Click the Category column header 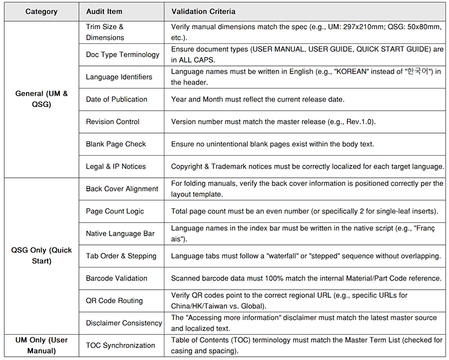click(41, 11)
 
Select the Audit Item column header click(104, 11)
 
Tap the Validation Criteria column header click(203, 11)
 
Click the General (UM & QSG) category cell click(41, 99)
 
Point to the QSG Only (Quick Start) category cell click(41, 256)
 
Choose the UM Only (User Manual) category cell click(41, 345)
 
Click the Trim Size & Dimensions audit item click(105, 32)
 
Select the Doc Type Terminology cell click(122, 55)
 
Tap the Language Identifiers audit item click(119, 77)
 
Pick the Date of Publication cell click(116, 99)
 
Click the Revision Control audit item click(113, 122)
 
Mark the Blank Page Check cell click(115, 144)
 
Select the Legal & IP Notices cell click(115, 166)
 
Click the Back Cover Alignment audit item click(122, 189)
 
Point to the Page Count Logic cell click(115, 211)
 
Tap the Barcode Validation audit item click(116, 278)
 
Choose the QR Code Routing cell click(114, 301)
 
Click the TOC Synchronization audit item click(120, 345)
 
